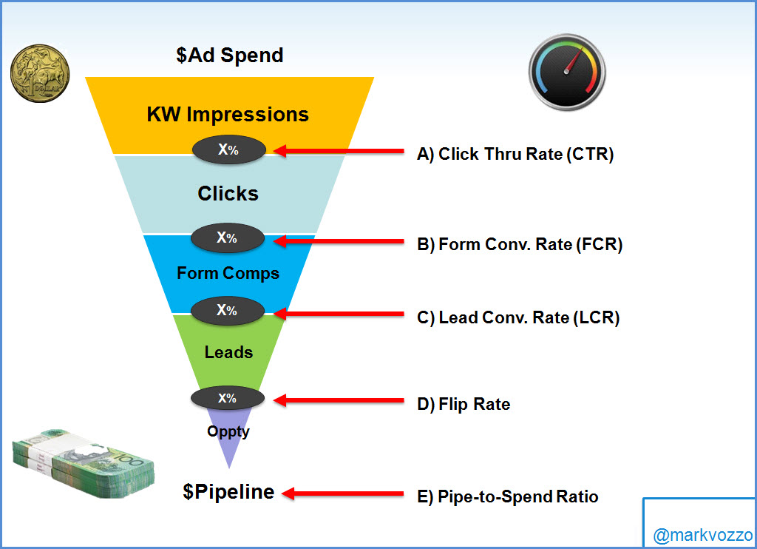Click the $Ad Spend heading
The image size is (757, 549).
coord(230,55)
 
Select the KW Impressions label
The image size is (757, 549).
coord(228,115)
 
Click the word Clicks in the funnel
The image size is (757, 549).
coord(228,194)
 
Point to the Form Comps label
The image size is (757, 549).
coord(228,273)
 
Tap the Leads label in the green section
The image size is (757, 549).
coord(228,352)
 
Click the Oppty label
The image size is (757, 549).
coord(228,431)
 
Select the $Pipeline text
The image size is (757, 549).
coord(228,492)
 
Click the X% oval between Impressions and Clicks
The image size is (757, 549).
coord(228,150)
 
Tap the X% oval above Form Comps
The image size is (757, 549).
coord(228,238)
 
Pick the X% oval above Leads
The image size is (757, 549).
coord(228,311)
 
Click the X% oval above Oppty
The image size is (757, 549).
coord(228,398)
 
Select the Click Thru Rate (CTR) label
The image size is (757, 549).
coord(515,155)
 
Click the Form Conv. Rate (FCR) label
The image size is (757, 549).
coord(520,244)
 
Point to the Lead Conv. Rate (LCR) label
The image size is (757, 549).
coord(518,318)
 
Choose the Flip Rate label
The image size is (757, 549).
coord(464,404)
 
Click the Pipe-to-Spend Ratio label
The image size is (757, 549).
coord(508,496)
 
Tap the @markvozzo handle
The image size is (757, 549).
coord(702,535)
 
